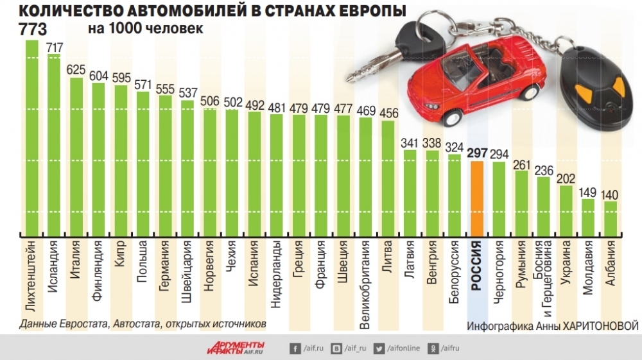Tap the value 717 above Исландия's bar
[55, 47]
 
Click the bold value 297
[477, 153]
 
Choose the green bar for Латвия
[410, 192]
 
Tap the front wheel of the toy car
[453, 118]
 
